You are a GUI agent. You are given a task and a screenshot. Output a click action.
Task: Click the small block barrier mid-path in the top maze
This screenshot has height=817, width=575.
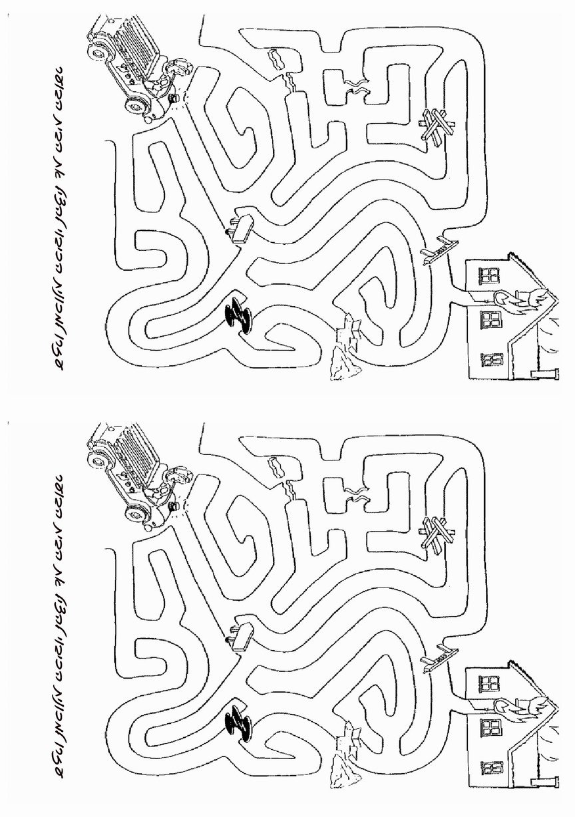point(240,227)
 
